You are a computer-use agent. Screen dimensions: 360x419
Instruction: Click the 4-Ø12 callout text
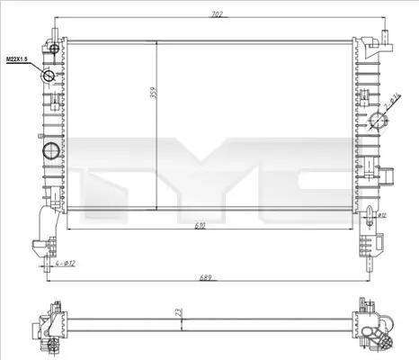[64, 262]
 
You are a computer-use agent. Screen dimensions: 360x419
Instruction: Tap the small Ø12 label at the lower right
[381, 216]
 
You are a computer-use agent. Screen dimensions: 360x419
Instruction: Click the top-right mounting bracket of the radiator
[384, 41]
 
